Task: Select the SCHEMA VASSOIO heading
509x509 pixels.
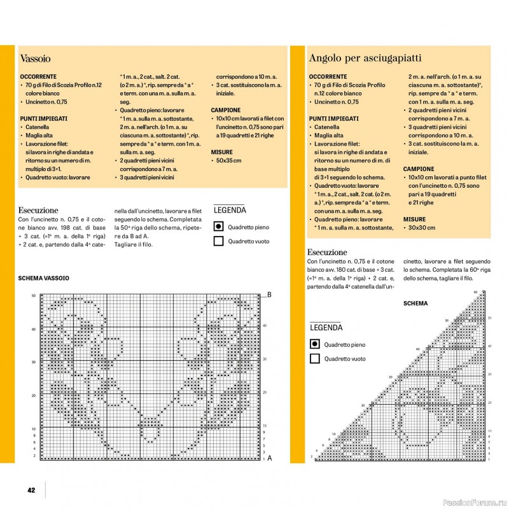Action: pyautogui.click(x=44, y=278)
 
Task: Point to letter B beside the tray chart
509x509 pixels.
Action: pyautogui.click(x=269, y=295)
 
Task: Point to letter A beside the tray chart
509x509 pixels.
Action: pyautogui.click(x=269, y=457)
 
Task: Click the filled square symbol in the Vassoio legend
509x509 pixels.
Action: pyautogui.click(x=218, y=227)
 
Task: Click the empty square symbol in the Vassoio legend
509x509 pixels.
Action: pyautogui.click(x=218, y=241)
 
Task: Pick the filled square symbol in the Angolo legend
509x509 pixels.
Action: pyautogui.click(x=314, y=344)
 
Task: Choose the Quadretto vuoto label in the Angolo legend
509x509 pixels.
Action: pyautogui.click(x=345, y=359)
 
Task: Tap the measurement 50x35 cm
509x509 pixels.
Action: pyautogui.click(x=228, y=161)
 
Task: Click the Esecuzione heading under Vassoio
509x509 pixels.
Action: pyautogui.click(x=38, y=210)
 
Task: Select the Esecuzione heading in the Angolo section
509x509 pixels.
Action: pyautogui.click(x=327, y=252)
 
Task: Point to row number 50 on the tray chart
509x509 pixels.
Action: pyautogui.click(x=34, y=296)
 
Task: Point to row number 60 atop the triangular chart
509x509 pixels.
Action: pyautogui.click(x=475, y=291)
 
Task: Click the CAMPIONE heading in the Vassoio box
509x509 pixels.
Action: pyautogui.click(x=225, y=110)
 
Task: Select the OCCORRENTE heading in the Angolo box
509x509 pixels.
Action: pyautogui.click(x=330, y=76)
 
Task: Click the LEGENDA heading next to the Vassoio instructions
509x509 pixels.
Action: pyautogui.click(x=230, y=210)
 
